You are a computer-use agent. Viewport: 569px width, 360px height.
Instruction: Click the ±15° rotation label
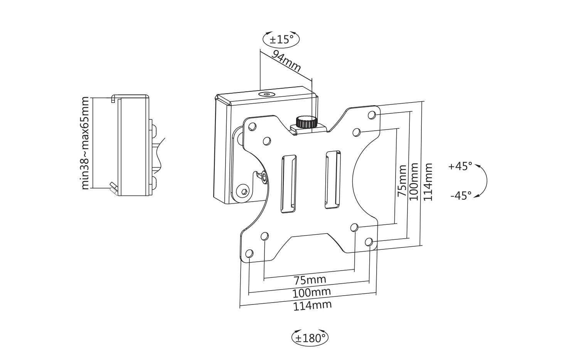281,39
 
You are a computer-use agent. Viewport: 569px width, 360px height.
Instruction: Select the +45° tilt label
460,167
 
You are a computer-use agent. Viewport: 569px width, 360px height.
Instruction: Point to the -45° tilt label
461,196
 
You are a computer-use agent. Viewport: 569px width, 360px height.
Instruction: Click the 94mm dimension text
286,61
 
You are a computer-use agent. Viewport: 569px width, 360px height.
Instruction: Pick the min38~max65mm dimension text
85,143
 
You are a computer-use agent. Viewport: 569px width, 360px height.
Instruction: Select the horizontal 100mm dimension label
311,292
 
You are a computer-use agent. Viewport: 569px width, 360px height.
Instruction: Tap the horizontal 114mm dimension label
312,305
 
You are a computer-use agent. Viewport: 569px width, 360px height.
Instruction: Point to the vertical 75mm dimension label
402,181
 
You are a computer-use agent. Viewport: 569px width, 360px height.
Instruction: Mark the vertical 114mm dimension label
428,181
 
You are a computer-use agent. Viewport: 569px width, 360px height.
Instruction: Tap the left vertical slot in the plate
289,183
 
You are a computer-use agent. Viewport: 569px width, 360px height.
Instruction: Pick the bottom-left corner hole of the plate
250,254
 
